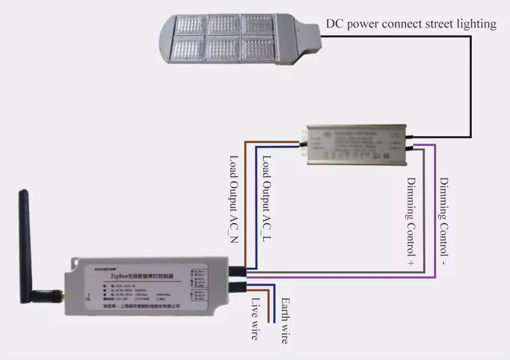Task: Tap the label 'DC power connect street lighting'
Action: pos(411,24)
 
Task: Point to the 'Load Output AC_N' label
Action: pos(234,199)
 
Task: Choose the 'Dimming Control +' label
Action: pos(411,221)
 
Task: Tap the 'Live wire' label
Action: pos(254,319)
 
